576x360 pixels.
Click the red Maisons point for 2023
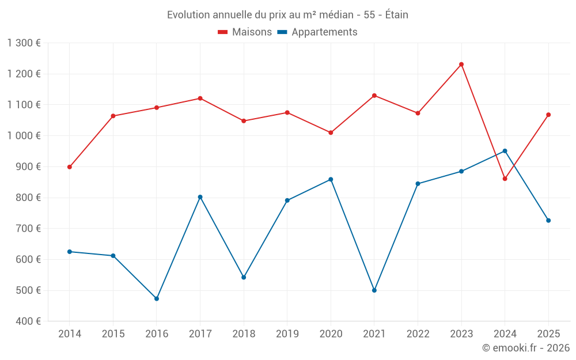point(461,65)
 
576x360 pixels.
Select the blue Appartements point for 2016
point(157,299)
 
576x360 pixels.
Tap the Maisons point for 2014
point(70,167)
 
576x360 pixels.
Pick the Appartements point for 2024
point(505,151)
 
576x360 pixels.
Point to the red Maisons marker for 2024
point(505,179)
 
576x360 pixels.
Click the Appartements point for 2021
point(374,290)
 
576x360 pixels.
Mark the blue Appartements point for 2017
point(200,197)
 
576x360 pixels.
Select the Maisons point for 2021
point(374,96)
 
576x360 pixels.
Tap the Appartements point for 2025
point(548,221)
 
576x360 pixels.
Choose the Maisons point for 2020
point(331,133)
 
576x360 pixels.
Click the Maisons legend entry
point(245,32)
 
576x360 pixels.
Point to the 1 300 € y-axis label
point(24,43)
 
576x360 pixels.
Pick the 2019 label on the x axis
point(287,334)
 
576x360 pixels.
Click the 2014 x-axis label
point(70,334)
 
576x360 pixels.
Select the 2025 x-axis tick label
point(548,334)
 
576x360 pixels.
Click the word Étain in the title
point(396,15)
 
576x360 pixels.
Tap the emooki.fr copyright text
point(525,348)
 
